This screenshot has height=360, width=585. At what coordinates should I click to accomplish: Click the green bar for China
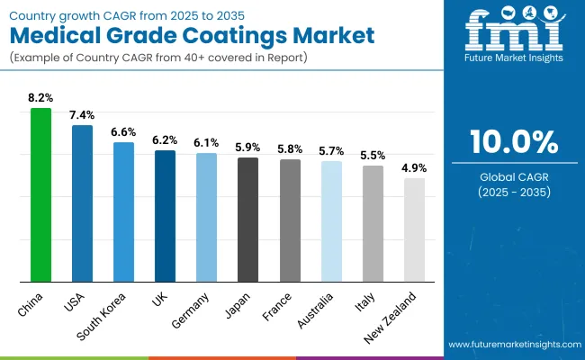41,194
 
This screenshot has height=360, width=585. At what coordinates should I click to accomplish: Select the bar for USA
83,203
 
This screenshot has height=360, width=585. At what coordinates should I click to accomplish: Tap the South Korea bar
123,211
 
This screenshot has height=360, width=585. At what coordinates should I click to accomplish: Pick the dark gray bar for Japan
248,220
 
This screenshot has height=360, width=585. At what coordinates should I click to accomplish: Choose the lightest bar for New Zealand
414,229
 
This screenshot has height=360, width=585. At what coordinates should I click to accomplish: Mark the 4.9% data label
414,167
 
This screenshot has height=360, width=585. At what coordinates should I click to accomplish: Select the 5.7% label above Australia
331,150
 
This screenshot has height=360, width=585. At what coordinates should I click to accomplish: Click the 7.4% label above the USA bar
83,114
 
